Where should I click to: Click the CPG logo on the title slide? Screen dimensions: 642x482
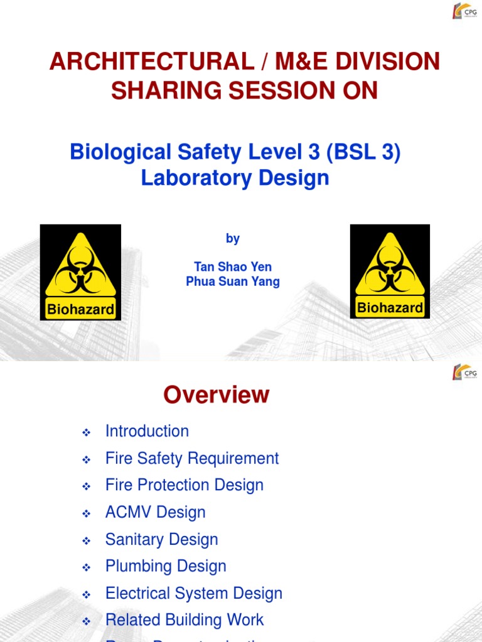tap(464, 12)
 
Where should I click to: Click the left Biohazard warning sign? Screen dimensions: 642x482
tap(80, 272)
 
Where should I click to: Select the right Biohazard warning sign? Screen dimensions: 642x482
tap(390, 271)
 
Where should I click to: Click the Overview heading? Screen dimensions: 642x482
tap(216, 395)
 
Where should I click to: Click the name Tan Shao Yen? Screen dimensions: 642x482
tap(232, 266)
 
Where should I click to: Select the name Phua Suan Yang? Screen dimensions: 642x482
tap(232, 282)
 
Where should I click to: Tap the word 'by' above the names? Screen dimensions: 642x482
tap(232, 239)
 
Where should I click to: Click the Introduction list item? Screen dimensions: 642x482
tap(147, 431)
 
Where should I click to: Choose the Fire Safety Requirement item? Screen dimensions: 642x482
tap(192, 458)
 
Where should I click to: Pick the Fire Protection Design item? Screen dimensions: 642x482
tap(185, 485)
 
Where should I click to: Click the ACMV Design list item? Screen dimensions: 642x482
tap(156, 512)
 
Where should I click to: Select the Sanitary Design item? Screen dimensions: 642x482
tap(162, 539)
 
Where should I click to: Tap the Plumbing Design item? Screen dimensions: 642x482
tap(166, 566)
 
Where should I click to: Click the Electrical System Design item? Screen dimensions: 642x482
tap(194, 593)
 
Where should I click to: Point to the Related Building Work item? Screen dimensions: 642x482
tap(185, 620)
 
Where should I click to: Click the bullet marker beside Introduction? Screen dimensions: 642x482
tap(87, 433)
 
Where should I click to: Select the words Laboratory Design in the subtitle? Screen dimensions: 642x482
tap(235, 178)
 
